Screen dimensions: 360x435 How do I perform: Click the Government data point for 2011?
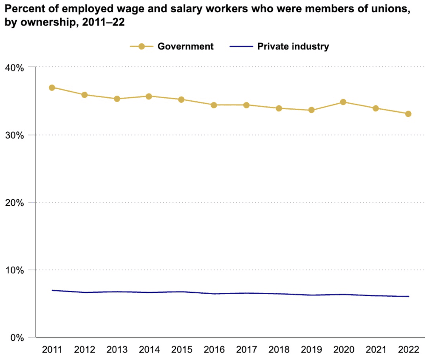click(x=52, y=88)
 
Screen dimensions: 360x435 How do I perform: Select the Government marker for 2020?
click(x=343, y=102)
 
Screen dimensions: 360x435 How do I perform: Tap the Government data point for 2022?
click(x=408, y=114)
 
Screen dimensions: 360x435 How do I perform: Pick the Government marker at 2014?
click(x=149, y=96)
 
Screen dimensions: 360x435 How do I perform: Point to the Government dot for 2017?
click(x=246, y=105)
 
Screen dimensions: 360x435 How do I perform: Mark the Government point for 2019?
click(x=311, y=110)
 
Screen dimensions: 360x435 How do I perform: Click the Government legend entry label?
click(x=186, y=46)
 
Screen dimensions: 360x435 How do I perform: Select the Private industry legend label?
click(x=293, y=46)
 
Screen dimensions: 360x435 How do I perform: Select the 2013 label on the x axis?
click(x=117, y=350)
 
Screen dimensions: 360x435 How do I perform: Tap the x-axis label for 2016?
click(x=214, y=350)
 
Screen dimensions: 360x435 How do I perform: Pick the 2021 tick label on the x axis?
click(x=376, y=350)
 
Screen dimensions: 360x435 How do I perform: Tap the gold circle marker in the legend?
click(x=142, y=46)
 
